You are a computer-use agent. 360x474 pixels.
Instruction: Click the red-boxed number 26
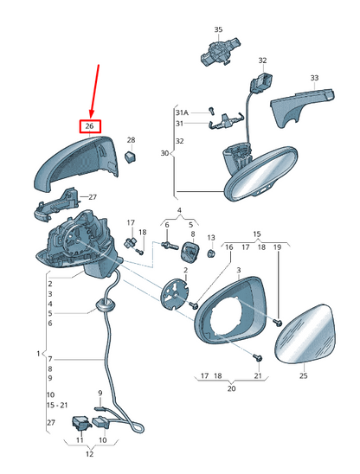[x=89, y=125]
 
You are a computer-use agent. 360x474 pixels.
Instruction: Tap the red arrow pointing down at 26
[x=95, y=92]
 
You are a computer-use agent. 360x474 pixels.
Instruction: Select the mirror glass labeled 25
[x=305, y=334]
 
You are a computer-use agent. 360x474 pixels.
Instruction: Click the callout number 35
[x=218, y=29]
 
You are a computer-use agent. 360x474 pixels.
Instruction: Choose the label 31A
[x=182, y=112]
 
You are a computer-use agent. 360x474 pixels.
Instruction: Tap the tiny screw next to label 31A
[x=211, y=111]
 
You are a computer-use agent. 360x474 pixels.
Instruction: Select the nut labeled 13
[x=211, y=253]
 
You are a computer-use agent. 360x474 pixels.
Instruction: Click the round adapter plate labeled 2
[x=174, y=294]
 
